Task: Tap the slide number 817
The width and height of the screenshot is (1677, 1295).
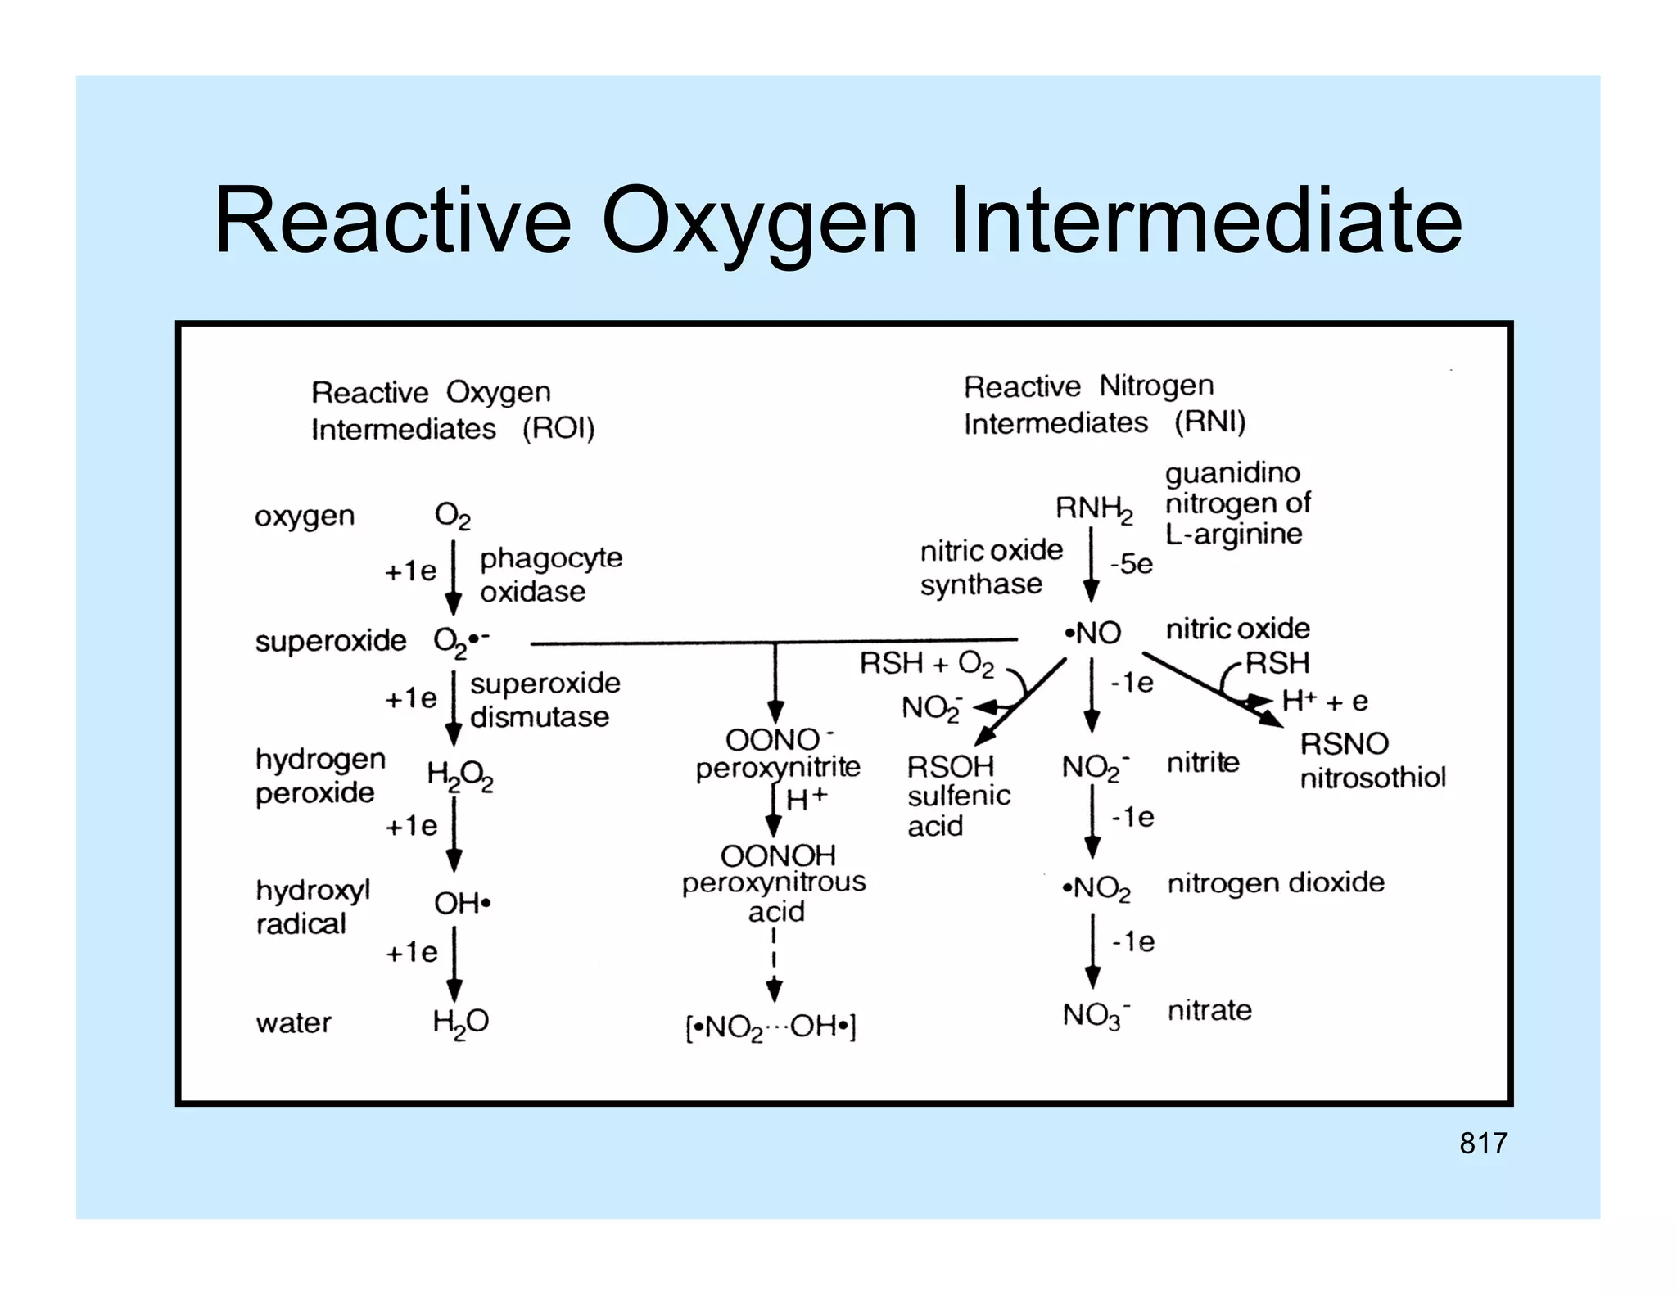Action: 1482,1143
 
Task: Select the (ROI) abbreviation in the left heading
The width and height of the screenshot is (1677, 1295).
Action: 558,429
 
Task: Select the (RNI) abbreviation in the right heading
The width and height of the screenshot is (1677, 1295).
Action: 1209,422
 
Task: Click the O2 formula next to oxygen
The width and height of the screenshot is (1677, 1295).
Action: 452,516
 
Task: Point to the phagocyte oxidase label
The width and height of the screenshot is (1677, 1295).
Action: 550,575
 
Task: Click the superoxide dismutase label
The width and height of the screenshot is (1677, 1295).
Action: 544,700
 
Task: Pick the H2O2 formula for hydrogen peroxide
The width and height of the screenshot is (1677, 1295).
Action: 459,776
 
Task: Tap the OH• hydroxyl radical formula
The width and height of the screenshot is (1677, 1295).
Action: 462,904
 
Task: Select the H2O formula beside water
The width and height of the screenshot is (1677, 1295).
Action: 460,1022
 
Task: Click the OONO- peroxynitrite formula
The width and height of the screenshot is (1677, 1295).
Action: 779,740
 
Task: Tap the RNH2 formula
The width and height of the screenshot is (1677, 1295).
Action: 1093,509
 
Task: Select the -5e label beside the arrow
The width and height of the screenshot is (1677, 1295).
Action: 1131,564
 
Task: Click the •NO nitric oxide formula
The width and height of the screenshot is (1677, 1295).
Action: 1092,633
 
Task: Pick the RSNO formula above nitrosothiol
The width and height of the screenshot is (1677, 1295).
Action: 1344,744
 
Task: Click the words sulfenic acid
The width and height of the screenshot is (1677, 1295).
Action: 957,811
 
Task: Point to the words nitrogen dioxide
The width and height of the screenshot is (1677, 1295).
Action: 1275,883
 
